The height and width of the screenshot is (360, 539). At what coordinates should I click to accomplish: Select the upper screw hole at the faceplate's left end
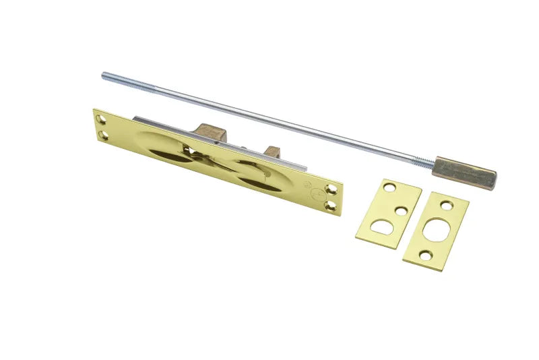[x=102, y=119]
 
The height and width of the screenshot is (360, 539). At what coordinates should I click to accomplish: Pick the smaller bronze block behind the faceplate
[x=272, y=152]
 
